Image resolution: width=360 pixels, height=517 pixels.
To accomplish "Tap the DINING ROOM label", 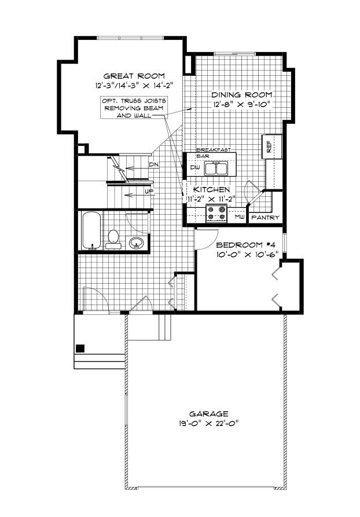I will (x=241, y=95).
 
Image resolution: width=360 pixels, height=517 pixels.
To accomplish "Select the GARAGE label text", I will (x=208, y=414).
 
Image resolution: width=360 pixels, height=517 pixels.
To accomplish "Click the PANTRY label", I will (x=265, y=218).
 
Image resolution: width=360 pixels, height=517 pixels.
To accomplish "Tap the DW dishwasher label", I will (x=194, y=168).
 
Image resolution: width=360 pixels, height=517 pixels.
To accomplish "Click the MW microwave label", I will (x=239, y=218).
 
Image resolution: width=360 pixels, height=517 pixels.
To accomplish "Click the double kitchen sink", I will (x=218, y=168).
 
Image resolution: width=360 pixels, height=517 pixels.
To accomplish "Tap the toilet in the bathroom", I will (x=113, y=239).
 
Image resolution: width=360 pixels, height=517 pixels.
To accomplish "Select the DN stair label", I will (x=153, y=165).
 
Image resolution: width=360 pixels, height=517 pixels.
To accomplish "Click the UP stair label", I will (x=149, y=190).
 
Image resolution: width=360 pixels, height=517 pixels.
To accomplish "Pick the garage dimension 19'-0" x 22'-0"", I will (x=208, y=423).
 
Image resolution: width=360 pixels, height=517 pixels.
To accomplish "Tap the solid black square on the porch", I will (x=80, y=348).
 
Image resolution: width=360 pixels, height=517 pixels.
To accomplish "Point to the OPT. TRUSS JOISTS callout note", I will (x=133, y=108).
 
